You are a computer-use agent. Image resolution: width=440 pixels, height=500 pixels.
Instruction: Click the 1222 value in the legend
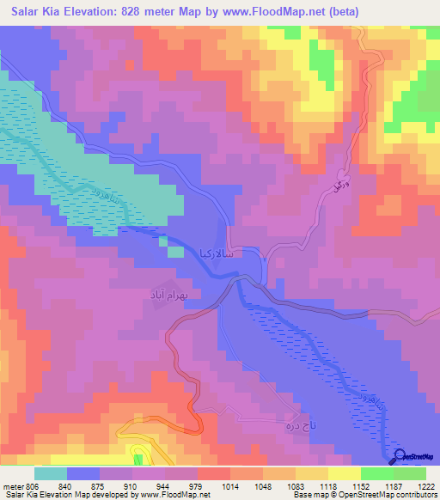point(426,486)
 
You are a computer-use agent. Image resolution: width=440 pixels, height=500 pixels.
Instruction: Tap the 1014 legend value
point(229,486)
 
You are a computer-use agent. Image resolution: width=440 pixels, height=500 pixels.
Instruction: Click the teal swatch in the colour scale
point(51,473)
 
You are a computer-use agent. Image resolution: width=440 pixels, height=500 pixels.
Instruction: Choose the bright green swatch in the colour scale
point(377,473)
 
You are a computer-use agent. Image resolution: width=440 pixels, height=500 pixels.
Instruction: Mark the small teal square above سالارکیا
point(175,252)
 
